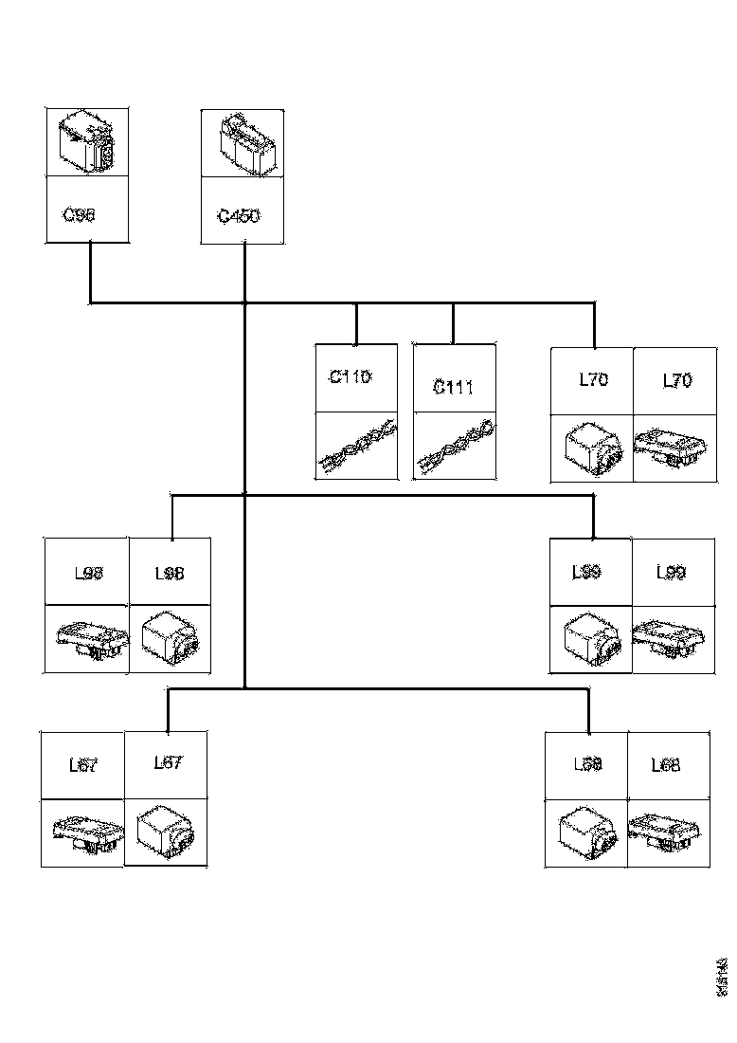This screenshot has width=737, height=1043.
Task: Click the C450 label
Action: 239,216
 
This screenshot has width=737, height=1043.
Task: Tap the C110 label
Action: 351,377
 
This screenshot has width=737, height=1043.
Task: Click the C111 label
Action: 453,387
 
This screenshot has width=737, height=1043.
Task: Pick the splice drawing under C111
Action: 454,447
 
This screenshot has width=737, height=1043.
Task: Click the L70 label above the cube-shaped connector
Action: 593,380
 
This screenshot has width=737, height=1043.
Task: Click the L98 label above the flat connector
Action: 88,573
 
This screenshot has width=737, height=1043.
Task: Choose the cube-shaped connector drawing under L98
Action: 170,639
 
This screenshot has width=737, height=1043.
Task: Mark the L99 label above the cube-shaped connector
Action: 587,573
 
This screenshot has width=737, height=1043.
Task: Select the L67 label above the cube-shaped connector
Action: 168,763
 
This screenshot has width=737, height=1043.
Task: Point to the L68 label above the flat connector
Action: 666,765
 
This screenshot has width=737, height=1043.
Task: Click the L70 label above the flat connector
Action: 676,380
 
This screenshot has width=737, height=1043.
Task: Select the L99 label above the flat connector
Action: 671,573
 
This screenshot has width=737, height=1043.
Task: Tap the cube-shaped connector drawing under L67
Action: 166,833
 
